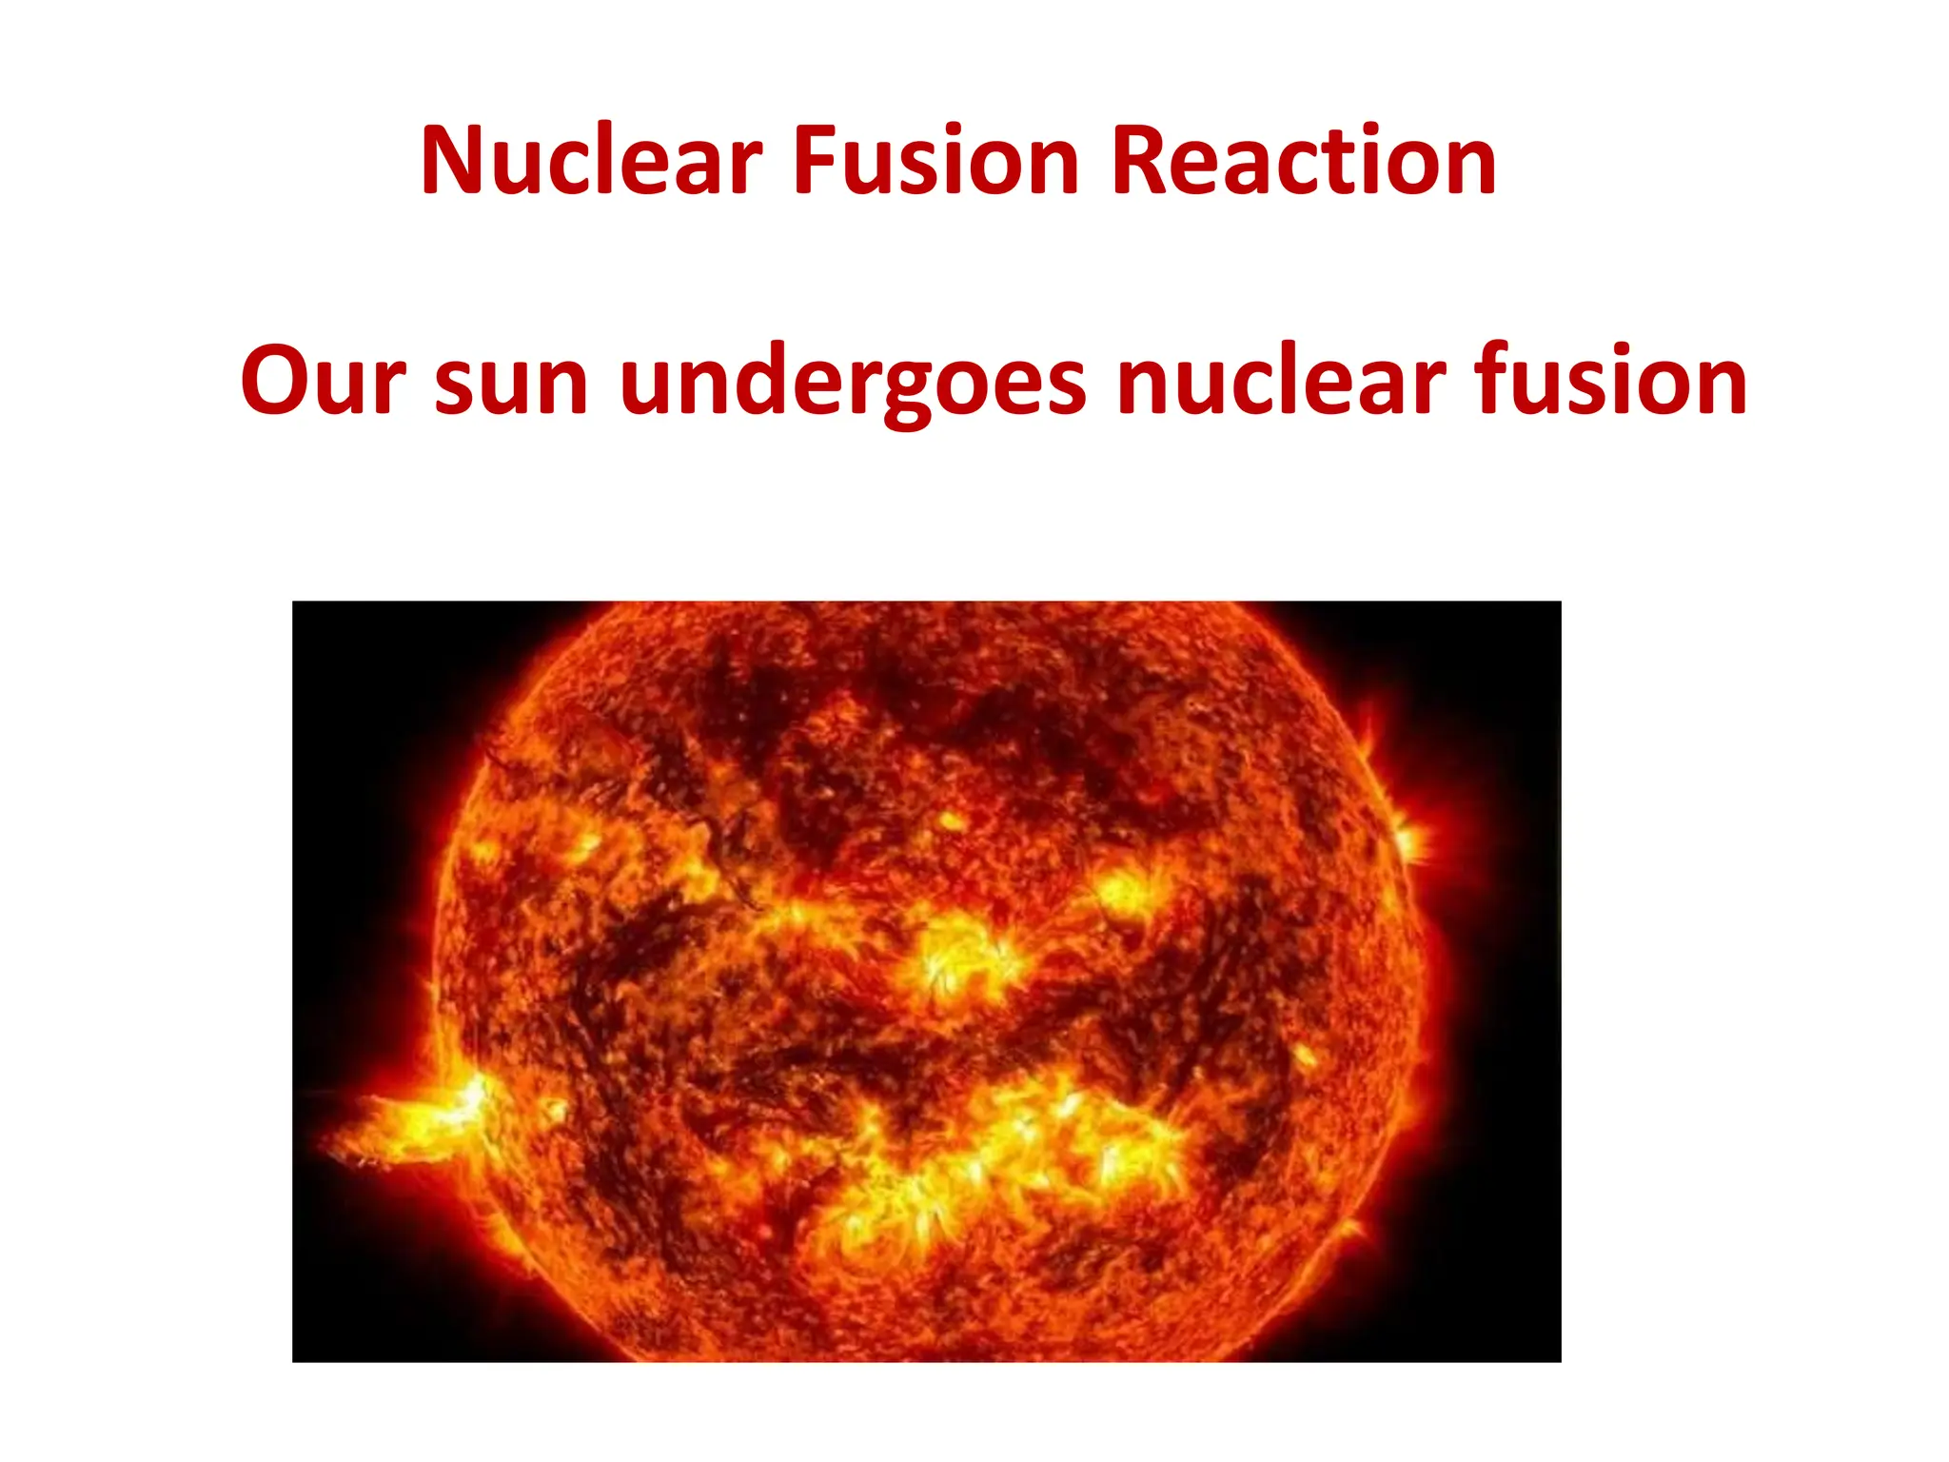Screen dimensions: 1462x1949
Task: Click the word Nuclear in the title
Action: click(x=591, y=161)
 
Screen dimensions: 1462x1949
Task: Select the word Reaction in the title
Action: click(x=1304, y=161)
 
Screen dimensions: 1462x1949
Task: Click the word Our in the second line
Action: click(x=324, y=381)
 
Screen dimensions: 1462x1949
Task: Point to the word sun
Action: click(x=512, y=381)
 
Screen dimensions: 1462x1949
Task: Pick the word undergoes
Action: click(x=852, y=381)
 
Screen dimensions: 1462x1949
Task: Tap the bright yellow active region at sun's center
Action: click(x=961, y=957)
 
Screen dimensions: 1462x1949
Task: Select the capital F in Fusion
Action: click(x=816, y=161)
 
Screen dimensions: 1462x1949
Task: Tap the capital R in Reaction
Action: click(x=1139, y=161)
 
